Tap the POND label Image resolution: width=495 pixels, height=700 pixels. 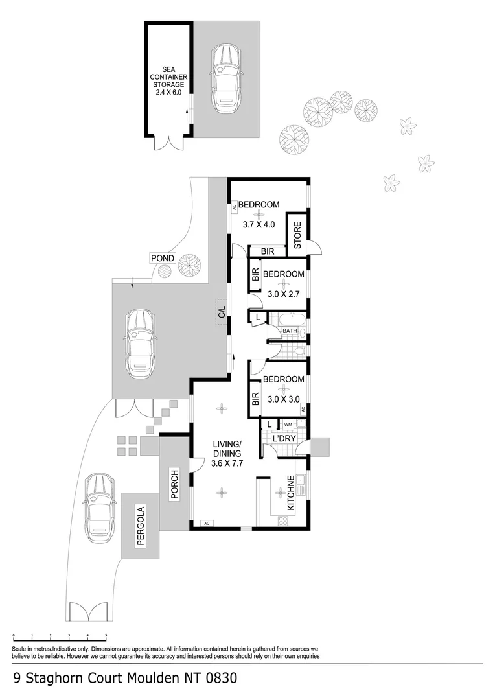[x=163, y=258]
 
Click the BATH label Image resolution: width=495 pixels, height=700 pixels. [x=290, y=331]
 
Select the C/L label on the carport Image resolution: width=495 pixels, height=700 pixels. [x=222, y=311]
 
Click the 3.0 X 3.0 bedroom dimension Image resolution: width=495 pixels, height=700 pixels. [x=283, y=399]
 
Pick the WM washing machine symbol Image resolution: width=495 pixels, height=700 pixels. [x=288, y=425]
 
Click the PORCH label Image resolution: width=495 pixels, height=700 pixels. [x=174, y=484]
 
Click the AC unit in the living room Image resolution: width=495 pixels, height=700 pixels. [x=207, y=523]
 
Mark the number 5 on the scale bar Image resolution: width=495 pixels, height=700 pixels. [x=106, y=636]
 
